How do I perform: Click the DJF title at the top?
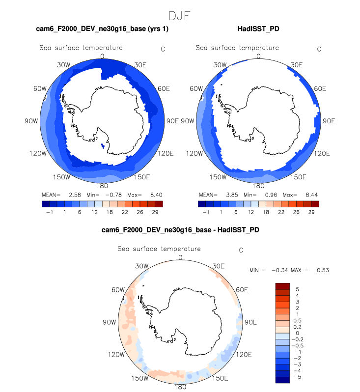point(180,16)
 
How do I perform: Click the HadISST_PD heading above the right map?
point(258,29)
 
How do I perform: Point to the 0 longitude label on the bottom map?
point(180,257)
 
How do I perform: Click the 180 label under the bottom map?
point(180,387)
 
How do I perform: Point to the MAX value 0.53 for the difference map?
point(323,270)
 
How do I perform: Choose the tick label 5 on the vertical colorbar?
point(297,289)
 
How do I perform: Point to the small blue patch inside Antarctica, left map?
point(102,146)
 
